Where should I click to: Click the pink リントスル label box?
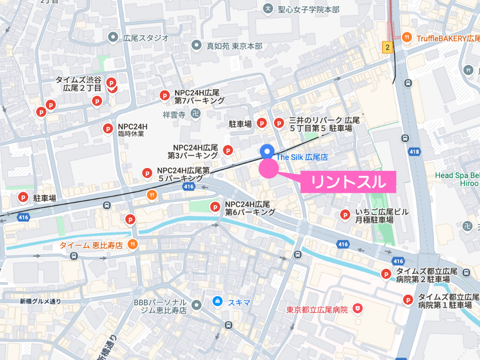click(348, 182)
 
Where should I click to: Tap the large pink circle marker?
click(268, 168)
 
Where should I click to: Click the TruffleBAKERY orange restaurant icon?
click(407, 37)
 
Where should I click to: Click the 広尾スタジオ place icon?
click(113, 36)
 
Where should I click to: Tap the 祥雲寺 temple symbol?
click(195, 114)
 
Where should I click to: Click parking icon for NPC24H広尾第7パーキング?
click(164, 96)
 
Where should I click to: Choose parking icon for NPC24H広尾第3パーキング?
click(228, 151)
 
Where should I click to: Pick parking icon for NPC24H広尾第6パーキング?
click(215, 207)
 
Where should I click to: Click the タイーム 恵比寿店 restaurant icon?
click(133, 245)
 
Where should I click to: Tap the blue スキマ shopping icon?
click(217, 301)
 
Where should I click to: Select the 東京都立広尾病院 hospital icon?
click(357, 308)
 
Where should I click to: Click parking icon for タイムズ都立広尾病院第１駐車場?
click(408, 300)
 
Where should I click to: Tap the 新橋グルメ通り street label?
click(41, 301)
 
